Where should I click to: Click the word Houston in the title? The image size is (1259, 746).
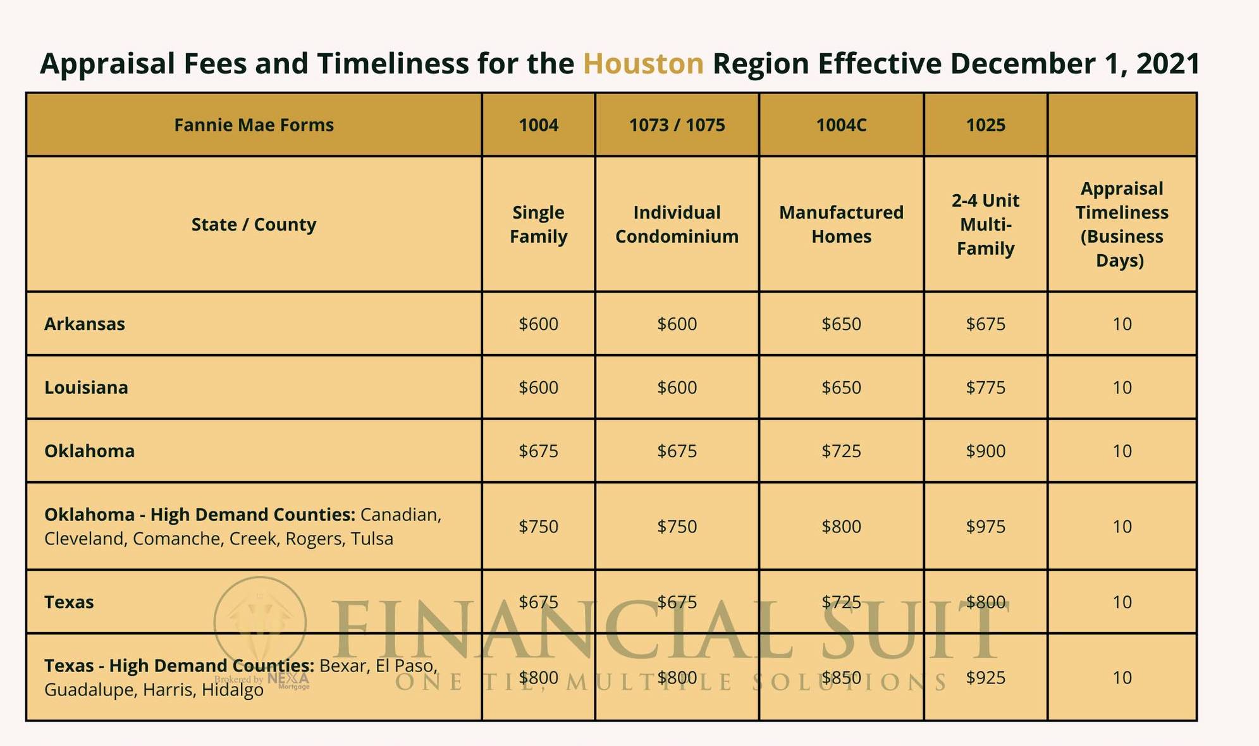pos(642,64)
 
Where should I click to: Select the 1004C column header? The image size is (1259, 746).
pos(841,125)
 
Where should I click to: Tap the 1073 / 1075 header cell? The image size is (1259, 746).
pos(677,125)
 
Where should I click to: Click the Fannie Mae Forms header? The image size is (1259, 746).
pos(254,125)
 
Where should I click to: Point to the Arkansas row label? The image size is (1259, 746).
pos(85,324)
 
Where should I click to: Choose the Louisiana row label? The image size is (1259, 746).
pos(86,388)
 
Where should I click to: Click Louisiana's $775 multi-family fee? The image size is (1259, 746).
pos(985,388)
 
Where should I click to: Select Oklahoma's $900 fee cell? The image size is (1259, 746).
pos(985,451)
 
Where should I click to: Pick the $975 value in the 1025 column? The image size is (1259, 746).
pos(985,527)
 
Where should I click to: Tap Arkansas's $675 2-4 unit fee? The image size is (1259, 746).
pos(985,324)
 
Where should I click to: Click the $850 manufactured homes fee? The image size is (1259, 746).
pos(841,678)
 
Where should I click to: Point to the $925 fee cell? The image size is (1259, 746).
pos(985,678)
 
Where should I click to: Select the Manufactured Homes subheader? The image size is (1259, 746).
pos(841,224)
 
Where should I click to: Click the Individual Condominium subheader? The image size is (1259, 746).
pos(677,224)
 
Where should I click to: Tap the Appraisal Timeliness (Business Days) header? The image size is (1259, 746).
pos(1122,224)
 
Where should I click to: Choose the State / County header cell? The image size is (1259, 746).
pos(254,224)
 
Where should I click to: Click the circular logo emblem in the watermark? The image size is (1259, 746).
pos(260,623)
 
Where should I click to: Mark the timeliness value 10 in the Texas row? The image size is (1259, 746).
pos(1122,602)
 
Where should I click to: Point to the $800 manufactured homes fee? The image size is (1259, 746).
pos(841,527)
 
